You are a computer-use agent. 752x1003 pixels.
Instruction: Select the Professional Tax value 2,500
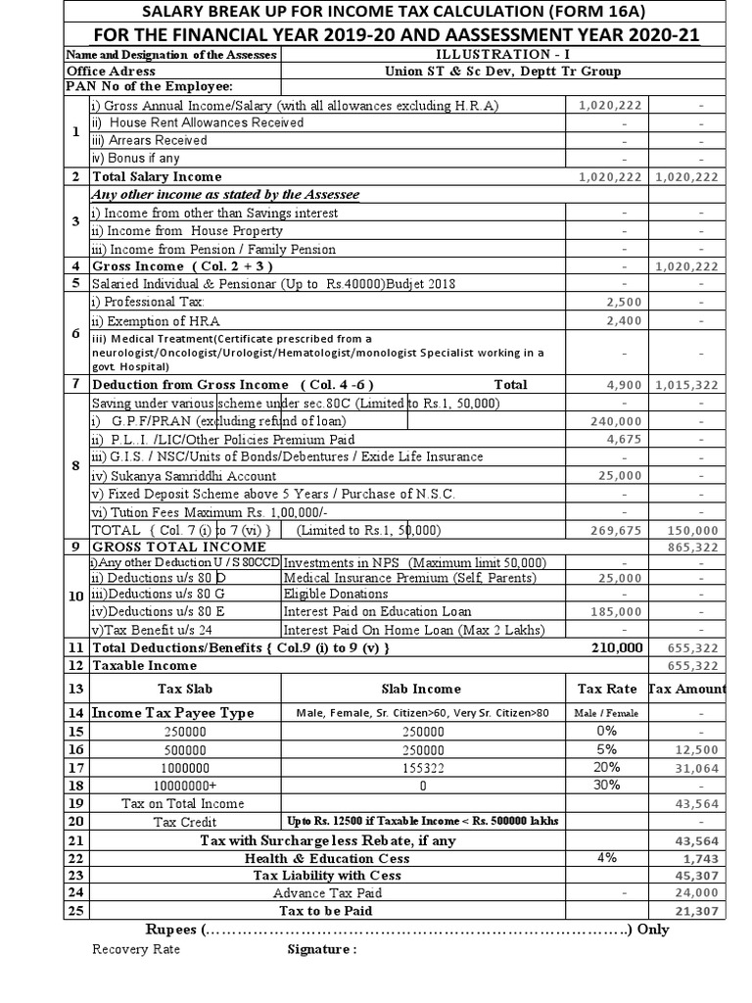[625, 302]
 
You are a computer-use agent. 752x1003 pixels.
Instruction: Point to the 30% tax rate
[607, 786]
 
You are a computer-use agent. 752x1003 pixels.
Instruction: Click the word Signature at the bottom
[321, 949]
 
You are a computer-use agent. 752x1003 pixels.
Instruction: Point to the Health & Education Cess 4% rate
[607, 857]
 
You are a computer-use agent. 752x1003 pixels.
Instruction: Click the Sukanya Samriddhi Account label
[184, 475]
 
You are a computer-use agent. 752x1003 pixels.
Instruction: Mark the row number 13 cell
[74, 689]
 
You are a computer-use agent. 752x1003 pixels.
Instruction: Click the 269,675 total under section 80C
[619, 529]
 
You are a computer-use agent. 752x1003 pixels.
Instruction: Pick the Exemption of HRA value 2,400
[625, 320]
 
